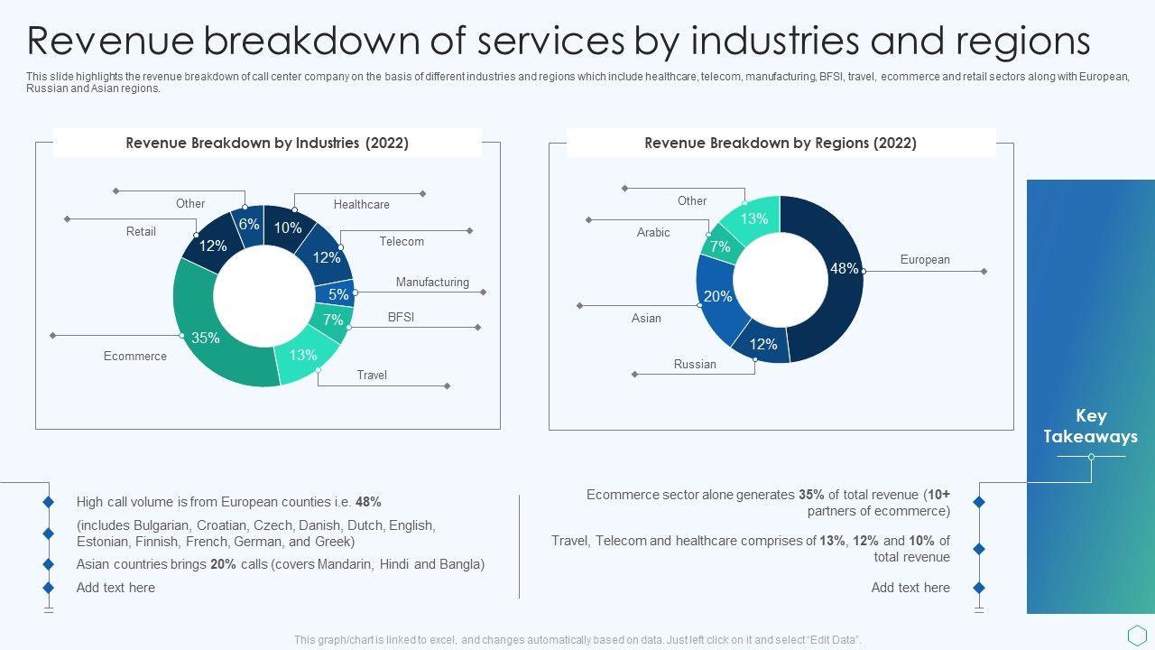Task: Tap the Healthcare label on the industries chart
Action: point(362,205)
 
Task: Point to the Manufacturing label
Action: point(432,283)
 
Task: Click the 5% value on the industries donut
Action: point(338,294)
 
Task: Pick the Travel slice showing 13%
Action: point(303,356)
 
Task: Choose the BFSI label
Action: point(401,318)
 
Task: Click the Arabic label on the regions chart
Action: point(653,233)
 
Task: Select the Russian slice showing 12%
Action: point(762,344)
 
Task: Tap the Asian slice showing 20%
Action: point(718,296)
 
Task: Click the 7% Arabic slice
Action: point(720,246)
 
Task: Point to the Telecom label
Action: point(402,242)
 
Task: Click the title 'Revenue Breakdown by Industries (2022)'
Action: point(267,143)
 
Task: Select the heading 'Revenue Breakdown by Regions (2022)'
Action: point(781,143)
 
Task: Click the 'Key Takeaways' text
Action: point(1090,426)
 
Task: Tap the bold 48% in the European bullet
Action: point(368,502)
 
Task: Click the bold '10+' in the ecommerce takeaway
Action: point(938,495)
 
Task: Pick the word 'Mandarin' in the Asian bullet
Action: point(347,564)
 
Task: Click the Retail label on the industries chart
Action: point(141,232)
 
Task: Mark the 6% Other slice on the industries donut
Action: point(249,224)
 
